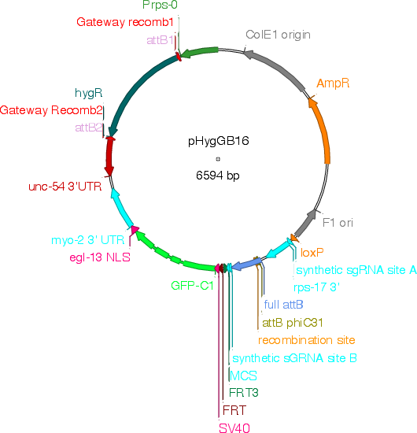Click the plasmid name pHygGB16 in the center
pos(218,142)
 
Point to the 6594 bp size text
pos(218,176)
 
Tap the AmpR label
pos(333,83)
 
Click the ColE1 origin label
pos(278,35)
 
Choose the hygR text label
pos(88,93)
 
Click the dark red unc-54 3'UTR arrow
pos(109,157)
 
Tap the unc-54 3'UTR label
pos(65,187)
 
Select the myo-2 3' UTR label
pos(88,240)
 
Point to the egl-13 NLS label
pos(100,257)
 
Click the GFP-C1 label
pos(192,286)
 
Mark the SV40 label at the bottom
pos(234,427)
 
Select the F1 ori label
pos(338,223)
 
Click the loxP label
pos(312,253)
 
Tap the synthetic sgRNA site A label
pos(356,270)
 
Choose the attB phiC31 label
pos(293,323)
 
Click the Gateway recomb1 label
pos(125,22)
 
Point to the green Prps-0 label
pos(160,5)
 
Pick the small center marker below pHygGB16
pos(218,159)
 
